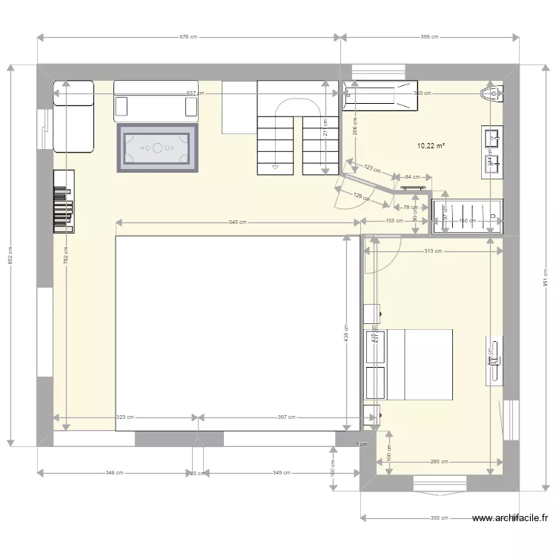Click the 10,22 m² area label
click(431, 146)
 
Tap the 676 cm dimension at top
click(190, 36)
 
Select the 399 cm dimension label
click(429, 36)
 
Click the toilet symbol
click(492, 93)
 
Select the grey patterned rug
click(157, 148)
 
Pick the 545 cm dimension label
click(238, 222)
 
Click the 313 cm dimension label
click(433, 251)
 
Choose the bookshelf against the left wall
click(64, 202)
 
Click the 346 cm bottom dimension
click(113, 472)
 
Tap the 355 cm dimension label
click(440, 518)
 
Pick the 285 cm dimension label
click(438, 462)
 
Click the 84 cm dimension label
click(412, 176)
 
